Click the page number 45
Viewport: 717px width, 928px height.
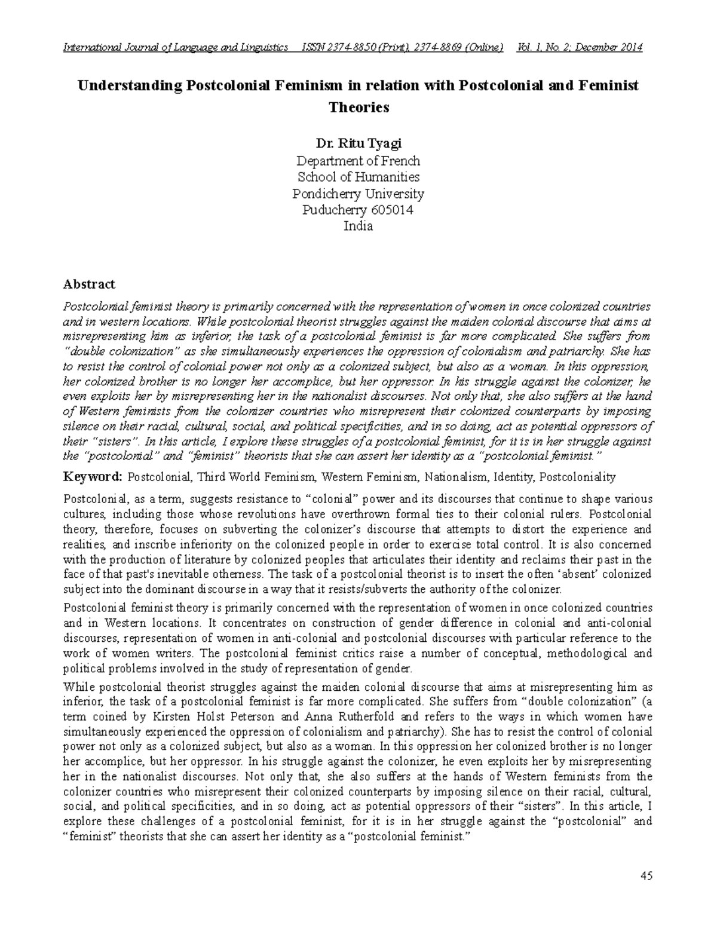[646, 876]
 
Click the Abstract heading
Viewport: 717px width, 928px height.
[89, 284]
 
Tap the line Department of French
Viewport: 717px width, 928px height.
[358, 161]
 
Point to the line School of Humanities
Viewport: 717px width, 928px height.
[358, 177]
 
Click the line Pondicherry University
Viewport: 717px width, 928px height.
[358, 194]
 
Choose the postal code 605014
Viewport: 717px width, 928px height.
[391, 210]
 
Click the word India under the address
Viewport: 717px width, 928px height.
[358, 226]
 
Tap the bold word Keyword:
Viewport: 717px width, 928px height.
[93, 477]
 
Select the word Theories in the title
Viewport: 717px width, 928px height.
[358, 108]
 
